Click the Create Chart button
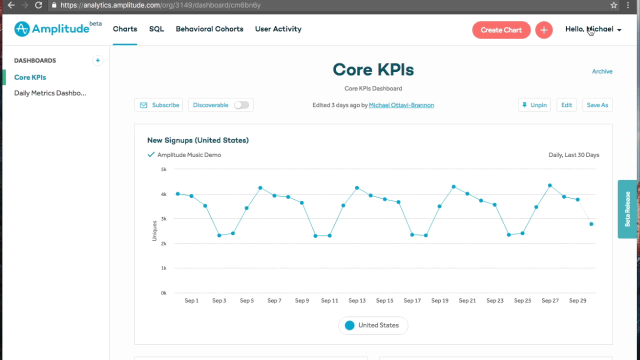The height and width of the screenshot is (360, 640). (x=501, y=30)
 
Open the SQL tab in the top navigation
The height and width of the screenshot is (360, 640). (x=156, y=29)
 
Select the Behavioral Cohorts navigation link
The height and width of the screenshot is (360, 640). (x=209, y=29)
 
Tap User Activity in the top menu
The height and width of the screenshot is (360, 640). (x=278, y=29)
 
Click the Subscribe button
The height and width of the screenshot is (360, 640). (x=158, y=105)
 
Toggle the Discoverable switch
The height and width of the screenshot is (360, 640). (x=241, y=105)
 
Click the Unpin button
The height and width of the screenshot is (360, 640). (x=534, y=105)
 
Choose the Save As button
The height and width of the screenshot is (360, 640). (x=597, y=105)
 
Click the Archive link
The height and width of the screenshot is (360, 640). (x=602, y=71)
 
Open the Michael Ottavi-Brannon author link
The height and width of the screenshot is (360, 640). (x=401, y=105)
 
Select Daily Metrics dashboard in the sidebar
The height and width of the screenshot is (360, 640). (x=50, y=93)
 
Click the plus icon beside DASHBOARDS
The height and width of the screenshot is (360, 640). (x=97, y=60)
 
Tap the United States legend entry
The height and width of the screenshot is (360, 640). (x=373, y=325)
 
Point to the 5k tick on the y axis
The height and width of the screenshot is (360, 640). (x=163, y=169)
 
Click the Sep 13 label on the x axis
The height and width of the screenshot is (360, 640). (x=357, y=300)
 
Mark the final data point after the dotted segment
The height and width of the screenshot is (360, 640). (x=591, y=224)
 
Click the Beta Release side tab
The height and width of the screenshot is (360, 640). (x=627, y=209)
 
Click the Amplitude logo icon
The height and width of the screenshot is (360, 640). (x=22, y=29)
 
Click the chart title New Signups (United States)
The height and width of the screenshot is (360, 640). (x=197, y=140)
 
